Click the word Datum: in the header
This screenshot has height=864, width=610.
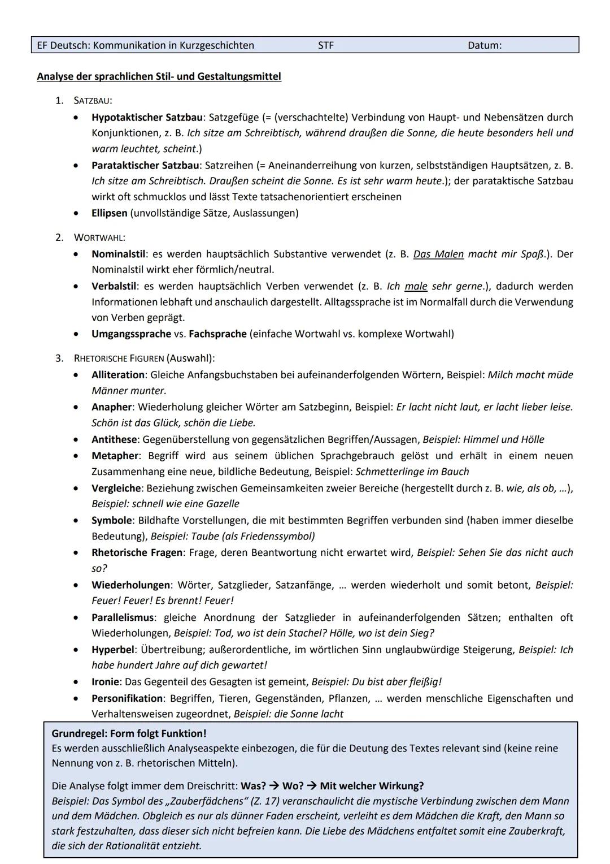coord(484,45)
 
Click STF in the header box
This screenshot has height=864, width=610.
coord(326,45)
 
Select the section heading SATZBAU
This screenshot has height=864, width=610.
coord(92,101)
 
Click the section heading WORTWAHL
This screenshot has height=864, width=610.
coord(99,237)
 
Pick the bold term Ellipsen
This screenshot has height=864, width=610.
coord(110,213)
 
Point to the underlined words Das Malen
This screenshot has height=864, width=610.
coord(438,254)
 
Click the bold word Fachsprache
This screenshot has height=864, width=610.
coord(217,334)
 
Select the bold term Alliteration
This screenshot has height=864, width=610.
coord(118,375)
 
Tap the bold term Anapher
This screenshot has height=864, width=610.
coord(112,407)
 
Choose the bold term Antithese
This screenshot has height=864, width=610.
coord(114,439)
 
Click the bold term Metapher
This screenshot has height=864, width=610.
coord(115,456)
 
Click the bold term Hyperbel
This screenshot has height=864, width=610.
coord(113,650)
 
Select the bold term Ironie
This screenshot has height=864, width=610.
coord(106,682)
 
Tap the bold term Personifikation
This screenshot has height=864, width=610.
coord(127,698)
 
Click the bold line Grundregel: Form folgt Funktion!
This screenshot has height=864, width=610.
coord(129,733)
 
